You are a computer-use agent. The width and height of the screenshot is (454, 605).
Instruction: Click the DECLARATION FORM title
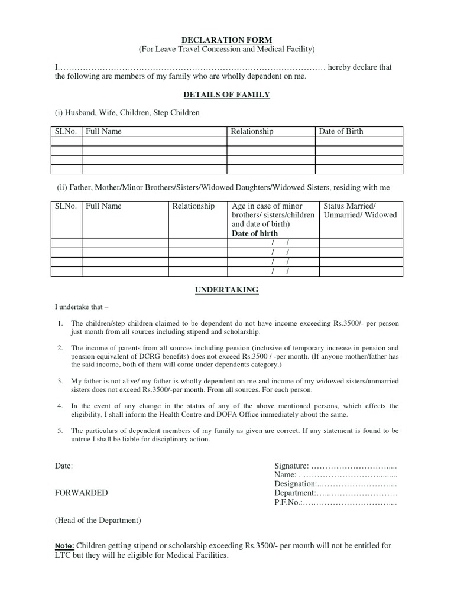(227, 39)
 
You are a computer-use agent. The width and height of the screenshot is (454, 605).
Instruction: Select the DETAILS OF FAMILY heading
(227, 95)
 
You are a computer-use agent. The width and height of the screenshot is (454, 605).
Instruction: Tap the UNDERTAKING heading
(227, 290)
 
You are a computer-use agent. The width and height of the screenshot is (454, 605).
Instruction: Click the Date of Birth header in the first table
(341, 131)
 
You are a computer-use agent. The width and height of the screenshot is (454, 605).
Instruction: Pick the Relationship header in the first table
(252, 131)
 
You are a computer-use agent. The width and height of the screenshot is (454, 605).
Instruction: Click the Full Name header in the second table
(103, 206)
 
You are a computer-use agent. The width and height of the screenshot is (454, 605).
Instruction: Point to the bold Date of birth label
(255, 233)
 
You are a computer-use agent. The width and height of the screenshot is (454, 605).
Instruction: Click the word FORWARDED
(82, 493)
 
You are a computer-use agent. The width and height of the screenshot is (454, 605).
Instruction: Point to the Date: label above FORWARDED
(64, 466)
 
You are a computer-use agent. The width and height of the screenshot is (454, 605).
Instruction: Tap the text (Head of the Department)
(98, 521)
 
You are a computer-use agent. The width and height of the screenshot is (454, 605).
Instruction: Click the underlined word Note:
(64, 545)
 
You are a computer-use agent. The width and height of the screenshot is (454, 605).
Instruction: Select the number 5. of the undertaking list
(60, 430)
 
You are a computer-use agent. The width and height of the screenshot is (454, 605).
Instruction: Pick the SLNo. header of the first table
(66, 131)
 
